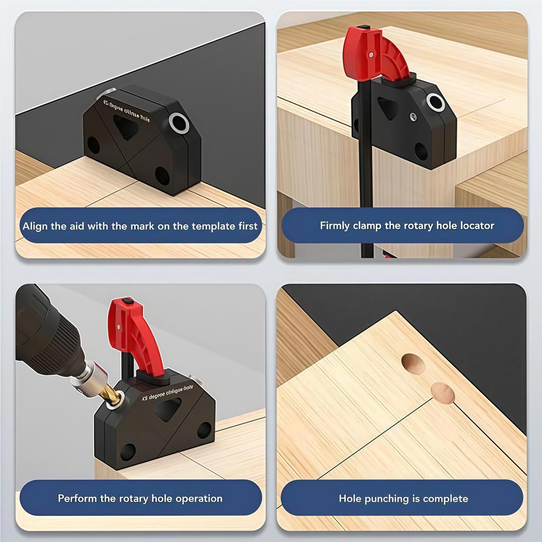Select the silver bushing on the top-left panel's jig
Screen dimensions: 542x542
tap(179, 123)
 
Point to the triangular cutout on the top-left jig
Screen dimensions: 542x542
tap(126, 127)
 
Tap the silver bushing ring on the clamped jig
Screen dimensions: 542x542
tap(435, 102)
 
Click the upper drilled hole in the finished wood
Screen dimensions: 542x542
tap(413, 364)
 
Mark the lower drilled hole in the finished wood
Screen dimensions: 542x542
tap(442, 393)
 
